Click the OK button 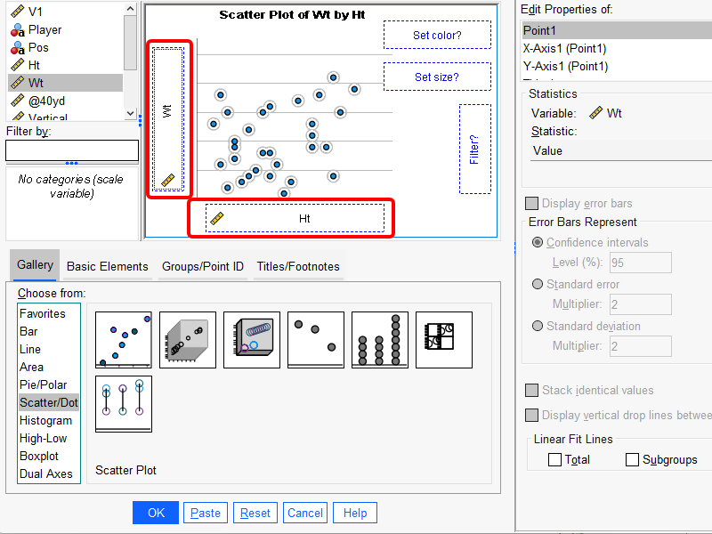[156, 513]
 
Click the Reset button [255, 513]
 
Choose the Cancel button [305, 513]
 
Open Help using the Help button [355, 513]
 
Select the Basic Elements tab [108, 266]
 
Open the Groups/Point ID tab [203, 266]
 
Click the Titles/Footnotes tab [298, 266]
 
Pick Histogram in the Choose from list [46, 420]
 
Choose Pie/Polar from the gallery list [44, 384]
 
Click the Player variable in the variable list [44, 29]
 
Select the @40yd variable [46, 101]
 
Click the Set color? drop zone [437, 36]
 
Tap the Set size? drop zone [437, 77]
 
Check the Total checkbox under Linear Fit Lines [555, 460]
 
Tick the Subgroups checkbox [633, 460]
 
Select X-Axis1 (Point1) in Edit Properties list [565, 49]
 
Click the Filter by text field [72, 150]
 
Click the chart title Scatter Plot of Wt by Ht [292, 15]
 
